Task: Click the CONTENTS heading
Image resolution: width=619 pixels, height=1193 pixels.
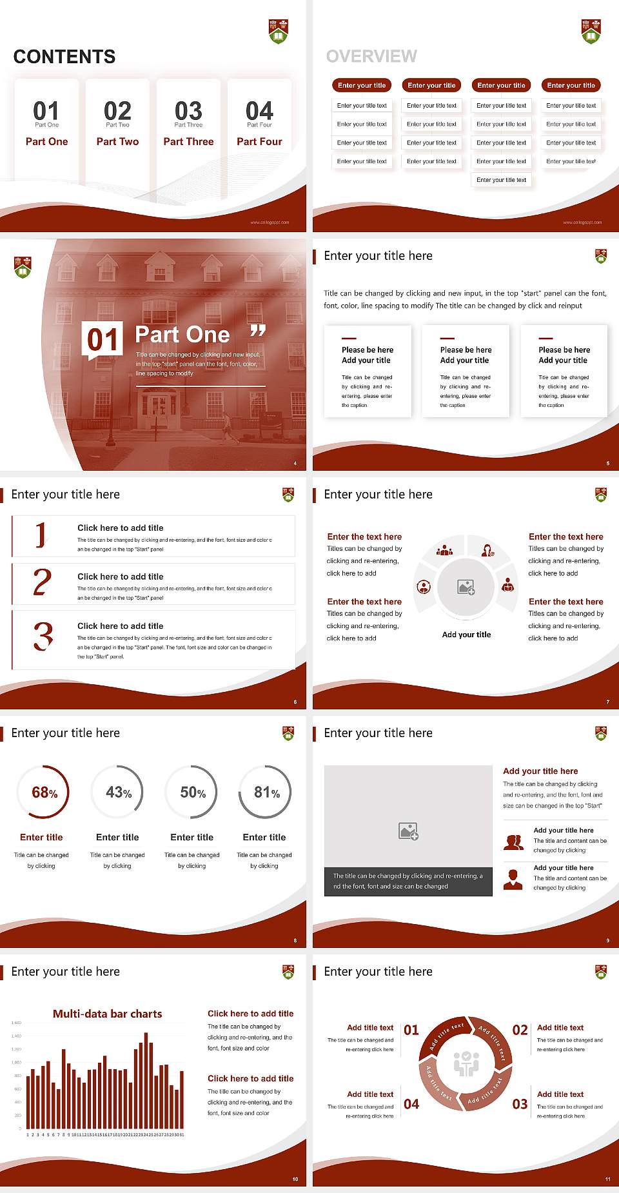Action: pos(64,57)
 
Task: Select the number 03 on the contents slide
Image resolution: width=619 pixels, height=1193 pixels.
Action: pos(188,111)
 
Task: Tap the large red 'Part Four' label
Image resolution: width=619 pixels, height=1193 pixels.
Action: pos(259,142)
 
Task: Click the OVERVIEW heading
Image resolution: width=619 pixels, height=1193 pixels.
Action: pos(371,57)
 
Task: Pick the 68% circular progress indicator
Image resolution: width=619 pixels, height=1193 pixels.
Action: pos(43,792)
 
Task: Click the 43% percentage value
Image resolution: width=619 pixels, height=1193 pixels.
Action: pos(119,793)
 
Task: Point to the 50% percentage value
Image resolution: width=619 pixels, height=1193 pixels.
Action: pos(193,793)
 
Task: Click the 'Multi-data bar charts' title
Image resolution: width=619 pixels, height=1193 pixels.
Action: pos(108,1014)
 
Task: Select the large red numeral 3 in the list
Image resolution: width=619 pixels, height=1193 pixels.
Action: pos(43,636)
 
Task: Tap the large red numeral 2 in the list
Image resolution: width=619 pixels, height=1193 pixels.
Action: pos(42,582)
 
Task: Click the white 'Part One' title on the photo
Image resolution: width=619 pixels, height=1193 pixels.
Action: pos(182,335)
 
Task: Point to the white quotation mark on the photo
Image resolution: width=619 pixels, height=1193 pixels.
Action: pos(258,331)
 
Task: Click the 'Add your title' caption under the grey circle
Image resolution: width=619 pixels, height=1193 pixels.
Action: pos(466,635)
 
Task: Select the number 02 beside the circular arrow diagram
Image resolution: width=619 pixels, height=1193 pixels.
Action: pos(520,1030)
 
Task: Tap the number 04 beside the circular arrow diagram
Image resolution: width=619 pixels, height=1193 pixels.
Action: pos(411,1105)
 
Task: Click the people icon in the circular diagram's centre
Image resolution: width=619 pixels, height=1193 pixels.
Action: pos(466,1064)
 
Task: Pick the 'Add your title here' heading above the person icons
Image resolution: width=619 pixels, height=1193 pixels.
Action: pos(540,771)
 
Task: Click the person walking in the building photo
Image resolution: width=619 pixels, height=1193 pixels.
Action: pos(226,428)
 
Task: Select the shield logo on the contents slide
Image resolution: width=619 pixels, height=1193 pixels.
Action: pos(278,31)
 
